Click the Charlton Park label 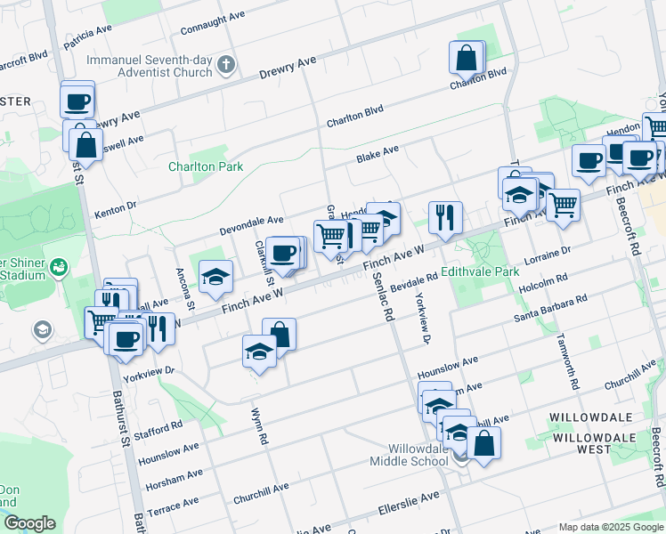[206, 166]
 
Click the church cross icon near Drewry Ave [227, 64]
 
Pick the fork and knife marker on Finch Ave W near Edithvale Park [444, 217]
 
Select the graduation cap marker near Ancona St [215, 277]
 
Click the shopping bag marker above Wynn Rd [279, 335]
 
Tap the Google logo [28, 523]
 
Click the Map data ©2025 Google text [611, 527]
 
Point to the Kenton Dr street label [115, 210]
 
